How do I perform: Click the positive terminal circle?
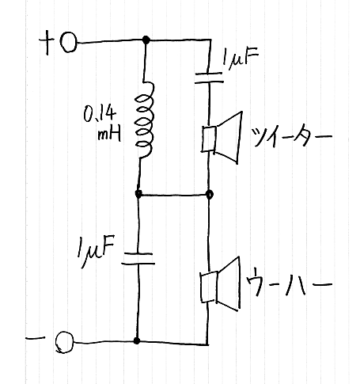pos(69,43)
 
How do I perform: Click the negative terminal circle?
pos(65,342)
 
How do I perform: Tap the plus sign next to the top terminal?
pos(47,42)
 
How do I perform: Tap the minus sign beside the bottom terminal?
pos(36,337)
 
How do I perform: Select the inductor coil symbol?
pos(144,120)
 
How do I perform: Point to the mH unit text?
pos(109,135)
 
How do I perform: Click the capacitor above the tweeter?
pos(209,78)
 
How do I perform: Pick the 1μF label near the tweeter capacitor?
pos(240,59)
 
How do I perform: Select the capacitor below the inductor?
pos(138,259)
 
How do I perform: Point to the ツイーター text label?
pos(291,136)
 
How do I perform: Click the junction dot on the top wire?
pos(146,40)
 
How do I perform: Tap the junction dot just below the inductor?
pos(138,194)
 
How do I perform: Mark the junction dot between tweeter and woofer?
pos(210,195)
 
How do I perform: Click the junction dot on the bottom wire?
pos(137,340)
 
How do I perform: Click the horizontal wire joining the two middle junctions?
pos(174,195)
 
